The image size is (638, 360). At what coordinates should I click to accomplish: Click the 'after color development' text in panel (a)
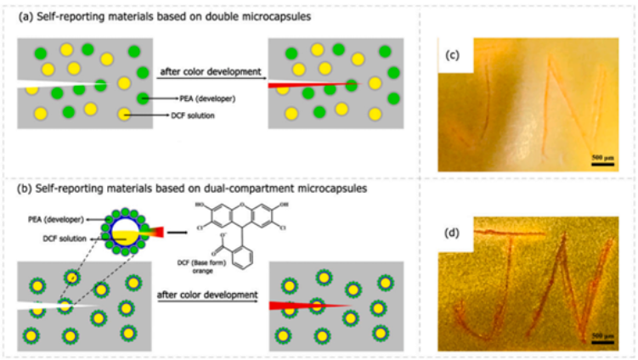[210, 72]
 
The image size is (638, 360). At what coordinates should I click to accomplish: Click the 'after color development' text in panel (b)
[209, 295]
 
